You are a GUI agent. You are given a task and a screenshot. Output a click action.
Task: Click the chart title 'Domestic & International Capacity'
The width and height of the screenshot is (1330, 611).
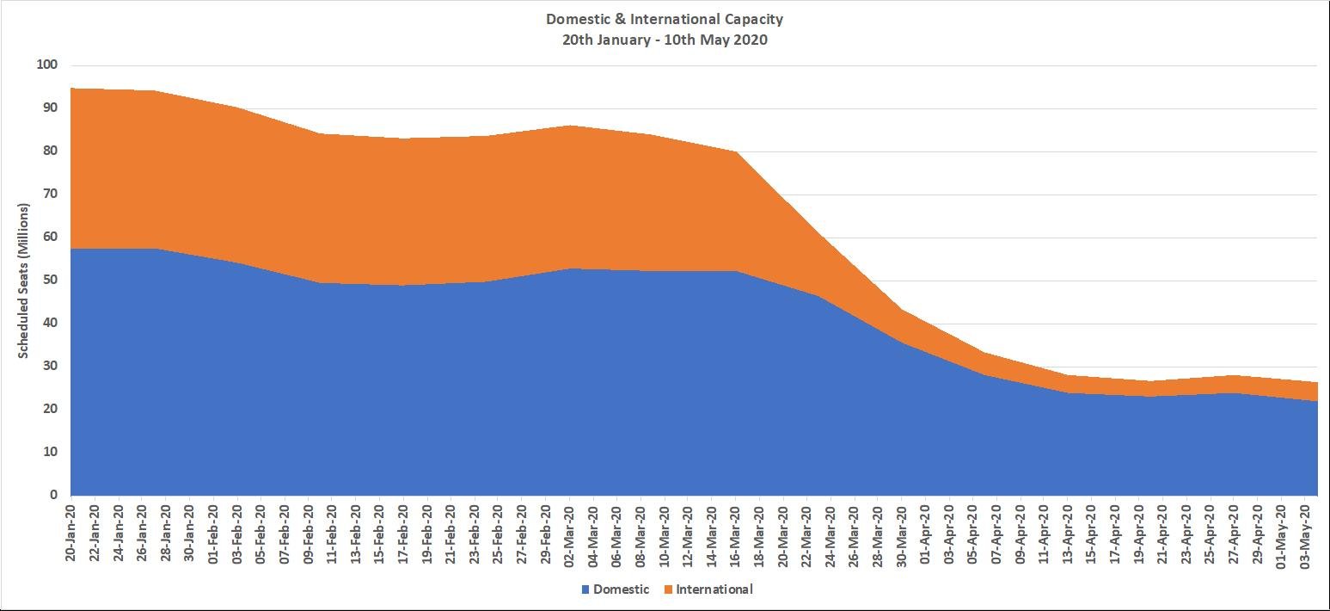click(665, 19)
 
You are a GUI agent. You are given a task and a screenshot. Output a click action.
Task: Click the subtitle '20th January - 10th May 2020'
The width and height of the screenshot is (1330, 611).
click(665, 40)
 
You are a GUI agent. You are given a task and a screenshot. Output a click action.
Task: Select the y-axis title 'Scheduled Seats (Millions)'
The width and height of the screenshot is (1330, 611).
click(24, 281)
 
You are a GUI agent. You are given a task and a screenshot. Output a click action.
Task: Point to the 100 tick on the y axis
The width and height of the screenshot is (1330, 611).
click(46, 65)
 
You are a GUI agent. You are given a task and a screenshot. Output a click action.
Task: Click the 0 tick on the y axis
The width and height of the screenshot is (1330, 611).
click(53, 496)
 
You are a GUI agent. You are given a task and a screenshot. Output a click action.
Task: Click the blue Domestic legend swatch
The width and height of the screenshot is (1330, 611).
click(586, 590)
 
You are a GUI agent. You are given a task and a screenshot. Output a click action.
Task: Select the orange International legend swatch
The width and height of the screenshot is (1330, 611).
click(668, 590)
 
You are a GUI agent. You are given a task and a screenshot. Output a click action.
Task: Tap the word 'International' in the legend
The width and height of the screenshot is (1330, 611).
click(714, 589)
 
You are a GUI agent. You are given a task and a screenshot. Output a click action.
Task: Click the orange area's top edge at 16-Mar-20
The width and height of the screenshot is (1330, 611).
click(735, 152)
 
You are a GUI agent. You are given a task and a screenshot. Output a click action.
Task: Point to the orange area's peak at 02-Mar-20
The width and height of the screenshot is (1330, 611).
click(569, 127)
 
